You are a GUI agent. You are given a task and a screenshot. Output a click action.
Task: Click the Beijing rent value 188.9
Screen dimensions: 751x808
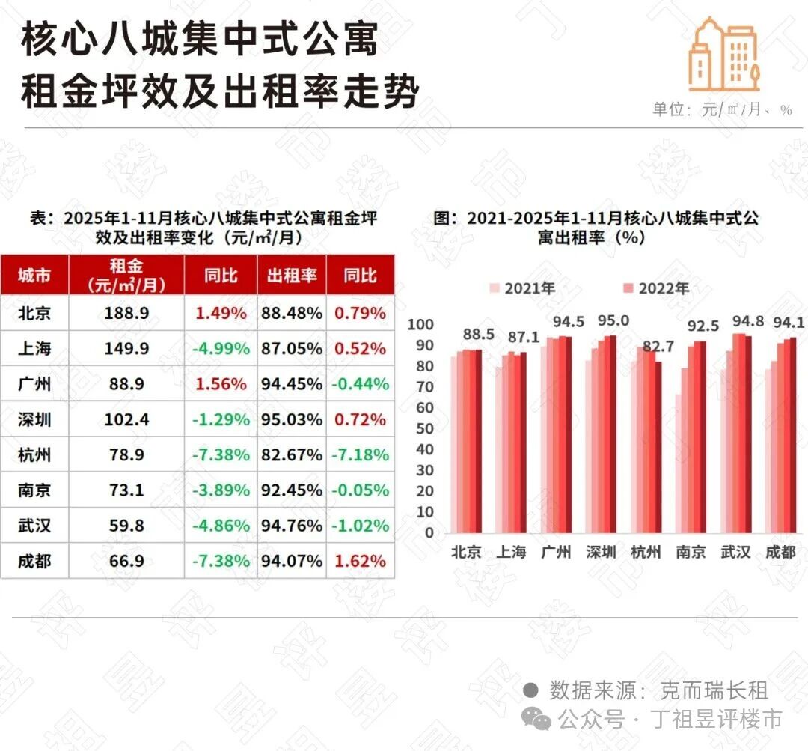click(x=126, y=313)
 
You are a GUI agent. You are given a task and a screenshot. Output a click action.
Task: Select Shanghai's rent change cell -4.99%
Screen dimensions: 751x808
click(x=221, y=349)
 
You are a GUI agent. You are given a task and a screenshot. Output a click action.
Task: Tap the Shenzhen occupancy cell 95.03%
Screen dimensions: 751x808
click(x=292, y=419)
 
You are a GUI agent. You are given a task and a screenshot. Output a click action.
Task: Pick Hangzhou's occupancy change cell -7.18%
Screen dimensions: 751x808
click(x=361, y=455)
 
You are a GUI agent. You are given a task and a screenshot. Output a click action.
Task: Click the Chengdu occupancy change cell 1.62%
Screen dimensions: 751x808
click(x=361, y=561)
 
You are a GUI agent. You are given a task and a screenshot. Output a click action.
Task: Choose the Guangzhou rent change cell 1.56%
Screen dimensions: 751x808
click(x=221, y=384)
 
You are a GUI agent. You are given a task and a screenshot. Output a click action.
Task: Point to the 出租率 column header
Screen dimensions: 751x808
click(x=292, y=276)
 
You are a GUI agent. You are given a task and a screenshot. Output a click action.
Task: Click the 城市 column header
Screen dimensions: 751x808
click(x=34, y=276)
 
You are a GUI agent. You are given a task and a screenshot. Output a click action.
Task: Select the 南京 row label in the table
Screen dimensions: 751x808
click(x=34, y=490)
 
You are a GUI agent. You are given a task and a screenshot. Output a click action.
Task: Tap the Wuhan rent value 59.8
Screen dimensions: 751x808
click(x=126, y=526)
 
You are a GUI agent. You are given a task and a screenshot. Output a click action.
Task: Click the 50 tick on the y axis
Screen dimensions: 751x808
click(x=424, y=428)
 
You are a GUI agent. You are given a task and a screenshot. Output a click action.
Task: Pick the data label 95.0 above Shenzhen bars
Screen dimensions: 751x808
click(x=613, y=321)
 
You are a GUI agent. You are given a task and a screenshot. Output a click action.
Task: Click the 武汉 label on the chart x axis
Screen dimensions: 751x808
click(x=735, y=553)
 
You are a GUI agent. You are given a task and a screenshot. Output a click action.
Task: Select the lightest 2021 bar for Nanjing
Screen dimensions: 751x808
click(x=679, y=463)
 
